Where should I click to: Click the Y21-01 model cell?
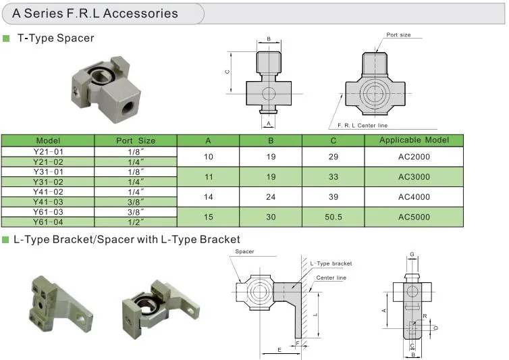tap(48, 152)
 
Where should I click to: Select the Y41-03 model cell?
tap(48, 202)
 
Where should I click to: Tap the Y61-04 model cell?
tap(48, 222)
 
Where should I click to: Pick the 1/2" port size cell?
tap(136, 222)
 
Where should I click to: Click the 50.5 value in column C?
tap(333, 217)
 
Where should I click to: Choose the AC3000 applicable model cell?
tap(414, 177)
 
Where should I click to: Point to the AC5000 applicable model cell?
tap(414, 217)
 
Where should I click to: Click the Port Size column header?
tap(136, 140)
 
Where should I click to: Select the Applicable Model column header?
tap(414, 140)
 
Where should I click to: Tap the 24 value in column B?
tap(271, 197)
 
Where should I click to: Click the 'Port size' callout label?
tap(398, 34)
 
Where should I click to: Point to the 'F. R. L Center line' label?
tap(363, 126)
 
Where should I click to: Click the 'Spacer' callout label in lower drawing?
tap(244, 251)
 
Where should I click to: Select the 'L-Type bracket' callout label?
tap(331, 263)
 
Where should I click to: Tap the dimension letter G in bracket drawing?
tap(412, 254)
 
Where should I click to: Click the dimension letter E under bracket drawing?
tap(279, 350)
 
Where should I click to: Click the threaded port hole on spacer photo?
tap(128, 107)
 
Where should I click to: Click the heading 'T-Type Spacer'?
tap(56, 38)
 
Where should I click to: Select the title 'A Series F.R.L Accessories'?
tap(95, 14)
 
